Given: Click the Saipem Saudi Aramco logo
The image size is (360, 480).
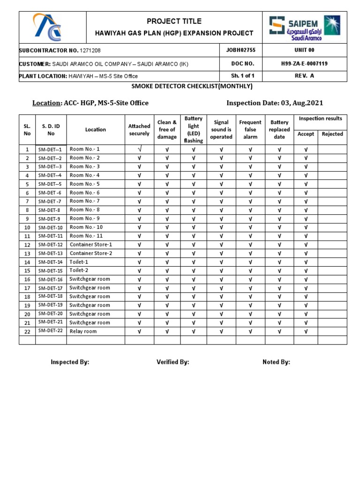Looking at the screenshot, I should click(305, 28).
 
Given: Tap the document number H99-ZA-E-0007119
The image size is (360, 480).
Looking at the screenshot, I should click(304, 63).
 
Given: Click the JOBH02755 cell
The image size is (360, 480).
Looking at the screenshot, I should click(241, 50).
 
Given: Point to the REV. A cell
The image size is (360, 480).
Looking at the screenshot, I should click(304, 76).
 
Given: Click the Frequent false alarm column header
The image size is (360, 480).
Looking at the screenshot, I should click(250, 129).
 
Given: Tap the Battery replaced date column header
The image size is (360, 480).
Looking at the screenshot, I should click(279, 129).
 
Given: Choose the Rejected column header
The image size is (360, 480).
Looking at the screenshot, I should click(332, 134).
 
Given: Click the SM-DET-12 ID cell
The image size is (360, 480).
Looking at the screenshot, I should click(51, 245).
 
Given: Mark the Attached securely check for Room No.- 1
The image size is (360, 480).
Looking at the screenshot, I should click(139, 149).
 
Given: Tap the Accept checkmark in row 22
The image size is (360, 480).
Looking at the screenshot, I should click(306, 331).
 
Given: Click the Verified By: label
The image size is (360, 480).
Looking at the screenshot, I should click(172, 362).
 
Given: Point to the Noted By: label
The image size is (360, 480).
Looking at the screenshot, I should click(276, 362).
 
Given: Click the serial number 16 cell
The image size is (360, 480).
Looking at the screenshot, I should click(27, 279).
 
